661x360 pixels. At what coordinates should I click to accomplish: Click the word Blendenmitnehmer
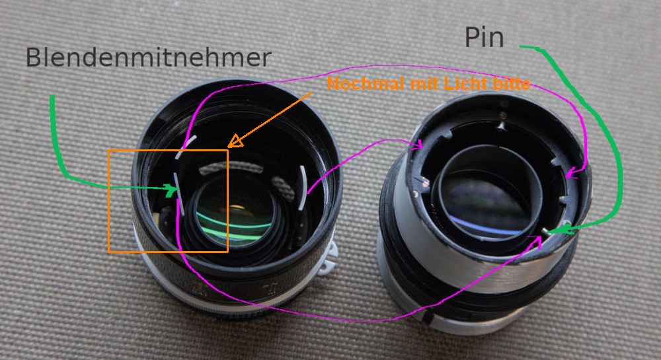tap(148, 57)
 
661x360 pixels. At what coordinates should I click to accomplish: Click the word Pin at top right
tap(484, 38)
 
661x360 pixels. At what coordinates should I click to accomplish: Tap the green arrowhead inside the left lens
tap(173, 190)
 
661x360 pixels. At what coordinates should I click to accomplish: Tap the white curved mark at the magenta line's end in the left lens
tap(302, 188)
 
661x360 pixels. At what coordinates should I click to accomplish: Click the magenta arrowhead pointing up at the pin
tap(538, 243)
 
